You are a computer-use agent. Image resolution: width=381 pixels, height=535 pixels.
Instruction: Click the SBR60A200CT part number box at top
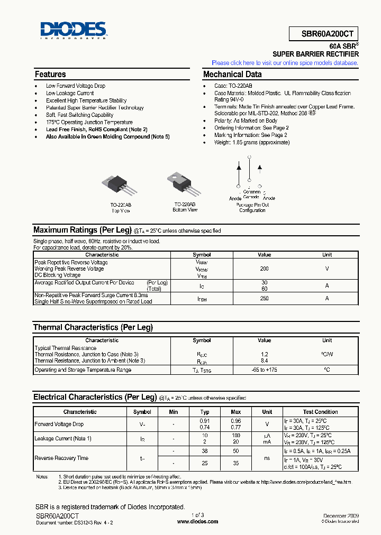(x=324, y=33)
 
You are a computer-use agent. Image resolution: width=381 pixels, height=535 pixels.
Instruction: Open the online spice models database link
(x=285, y=63)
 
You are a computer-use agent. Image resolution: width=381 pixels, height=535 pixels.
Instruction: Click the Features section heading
(x=50, y=75)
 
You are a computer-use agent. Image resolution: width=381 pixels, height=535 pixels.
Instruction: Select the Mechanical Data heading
(x=232, y=75)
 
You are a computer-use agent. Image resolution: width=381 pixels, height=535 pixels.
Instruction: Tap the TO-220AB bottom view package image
(x=185, y=185)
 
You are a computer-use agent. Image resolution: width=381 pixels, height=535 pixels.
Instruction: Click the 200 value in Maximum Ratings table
(x=264, y=269)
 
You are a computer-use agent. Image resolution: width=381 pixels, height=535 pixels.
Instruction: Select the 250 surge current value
(x=264, y=298)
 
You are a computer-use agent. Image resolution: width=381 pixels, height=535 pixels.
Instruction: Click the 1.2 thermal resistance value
(x=264, y=354)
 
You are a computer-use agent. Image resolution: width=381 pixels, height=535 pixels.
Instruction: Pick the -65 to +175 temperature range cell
(x=264, y=370)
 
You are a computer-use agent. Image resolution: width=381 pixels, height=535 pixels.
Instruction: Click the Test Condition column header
(x=320, y=412)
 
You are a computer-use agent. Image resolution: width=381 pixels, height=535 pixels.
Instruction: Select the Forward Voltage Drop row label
(x=59, y=424)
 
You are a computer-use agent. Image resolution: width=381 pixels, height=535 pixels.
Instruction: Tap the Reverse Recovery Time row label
(x=61, y=458)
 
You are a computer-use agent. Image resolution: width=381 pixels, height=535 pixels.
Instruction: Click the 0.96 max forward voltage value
(x=236, y=421)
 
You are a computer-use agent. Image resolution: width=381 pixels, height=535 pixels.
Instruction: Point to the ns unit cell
(x=267, y=458)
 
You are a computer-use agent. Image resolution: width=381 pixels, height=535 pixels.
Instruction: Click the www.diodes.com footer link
(x=197, y=521)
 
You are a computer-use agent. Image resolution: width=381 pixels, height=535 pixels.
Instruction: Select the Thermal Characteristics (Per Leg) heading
(x=93, y=327)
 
